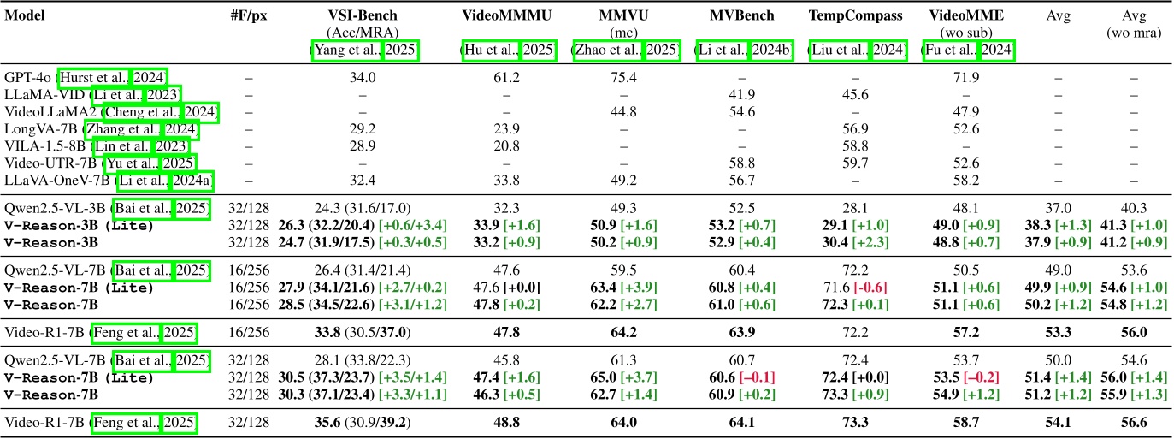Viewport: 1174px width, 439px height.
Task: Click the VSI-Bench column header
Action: pos(365,16)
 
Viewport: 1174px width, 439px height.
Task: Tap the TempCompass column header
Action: pos(856,16)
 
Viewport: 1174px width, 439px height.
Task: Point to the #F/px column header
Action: pos(249,16)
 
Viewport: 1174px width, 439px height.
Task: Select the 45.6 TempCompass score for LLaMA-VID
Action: pos(856,95)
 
